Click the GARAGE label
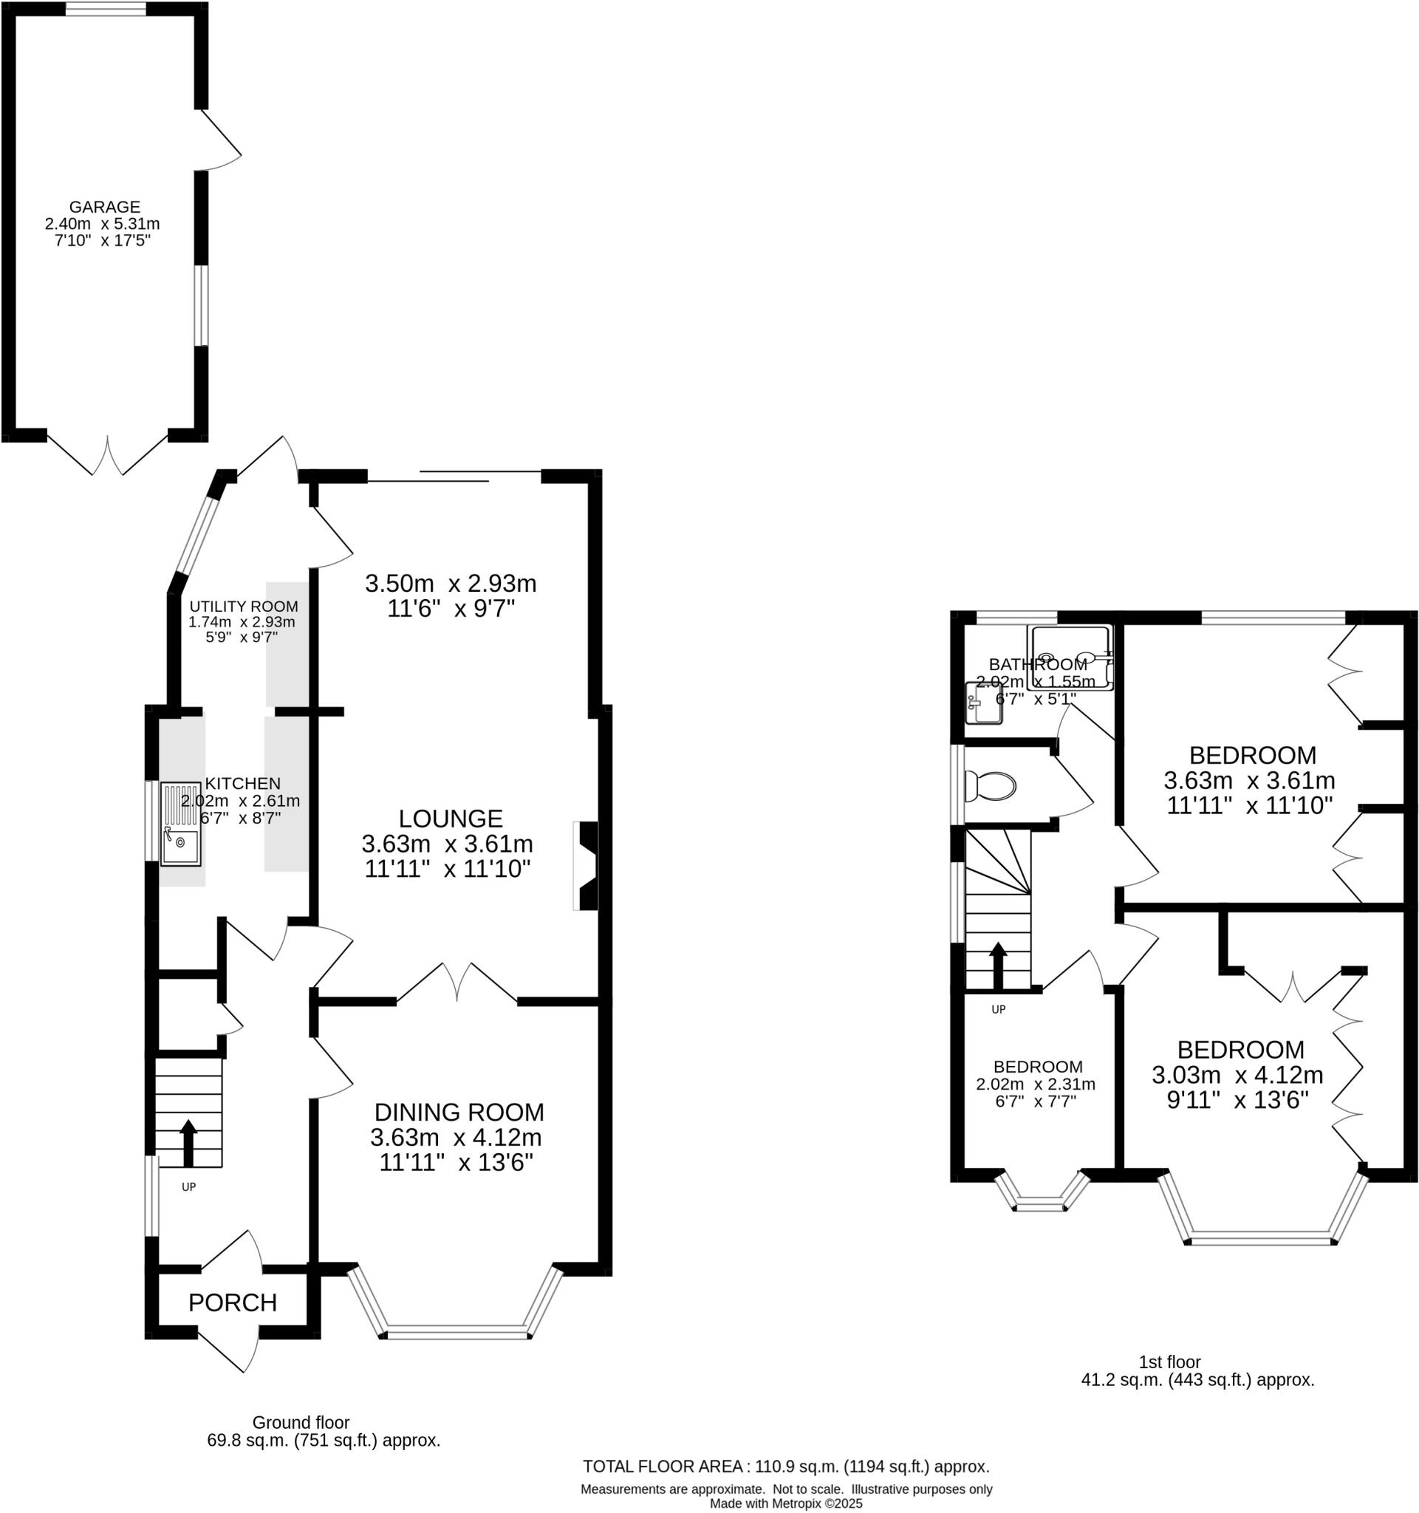105,207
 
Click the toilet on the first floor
990,786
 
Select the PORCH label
232,1302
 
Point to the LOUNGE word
451,818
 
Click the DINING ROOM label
459,1112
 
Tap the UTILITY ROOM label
244,607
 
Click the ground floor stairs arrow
187,1141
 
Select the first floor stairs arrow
997,965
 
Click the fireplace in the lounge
588,865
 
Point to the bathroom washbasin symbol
985,704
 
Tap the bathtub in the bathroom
1070,658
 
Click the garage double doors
108,457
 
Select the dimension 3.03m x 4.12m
1237,1075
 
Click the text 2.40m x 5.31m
103,224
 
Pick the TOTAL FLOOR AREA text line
786,1466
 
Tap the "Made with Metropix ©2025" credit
786,1504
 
